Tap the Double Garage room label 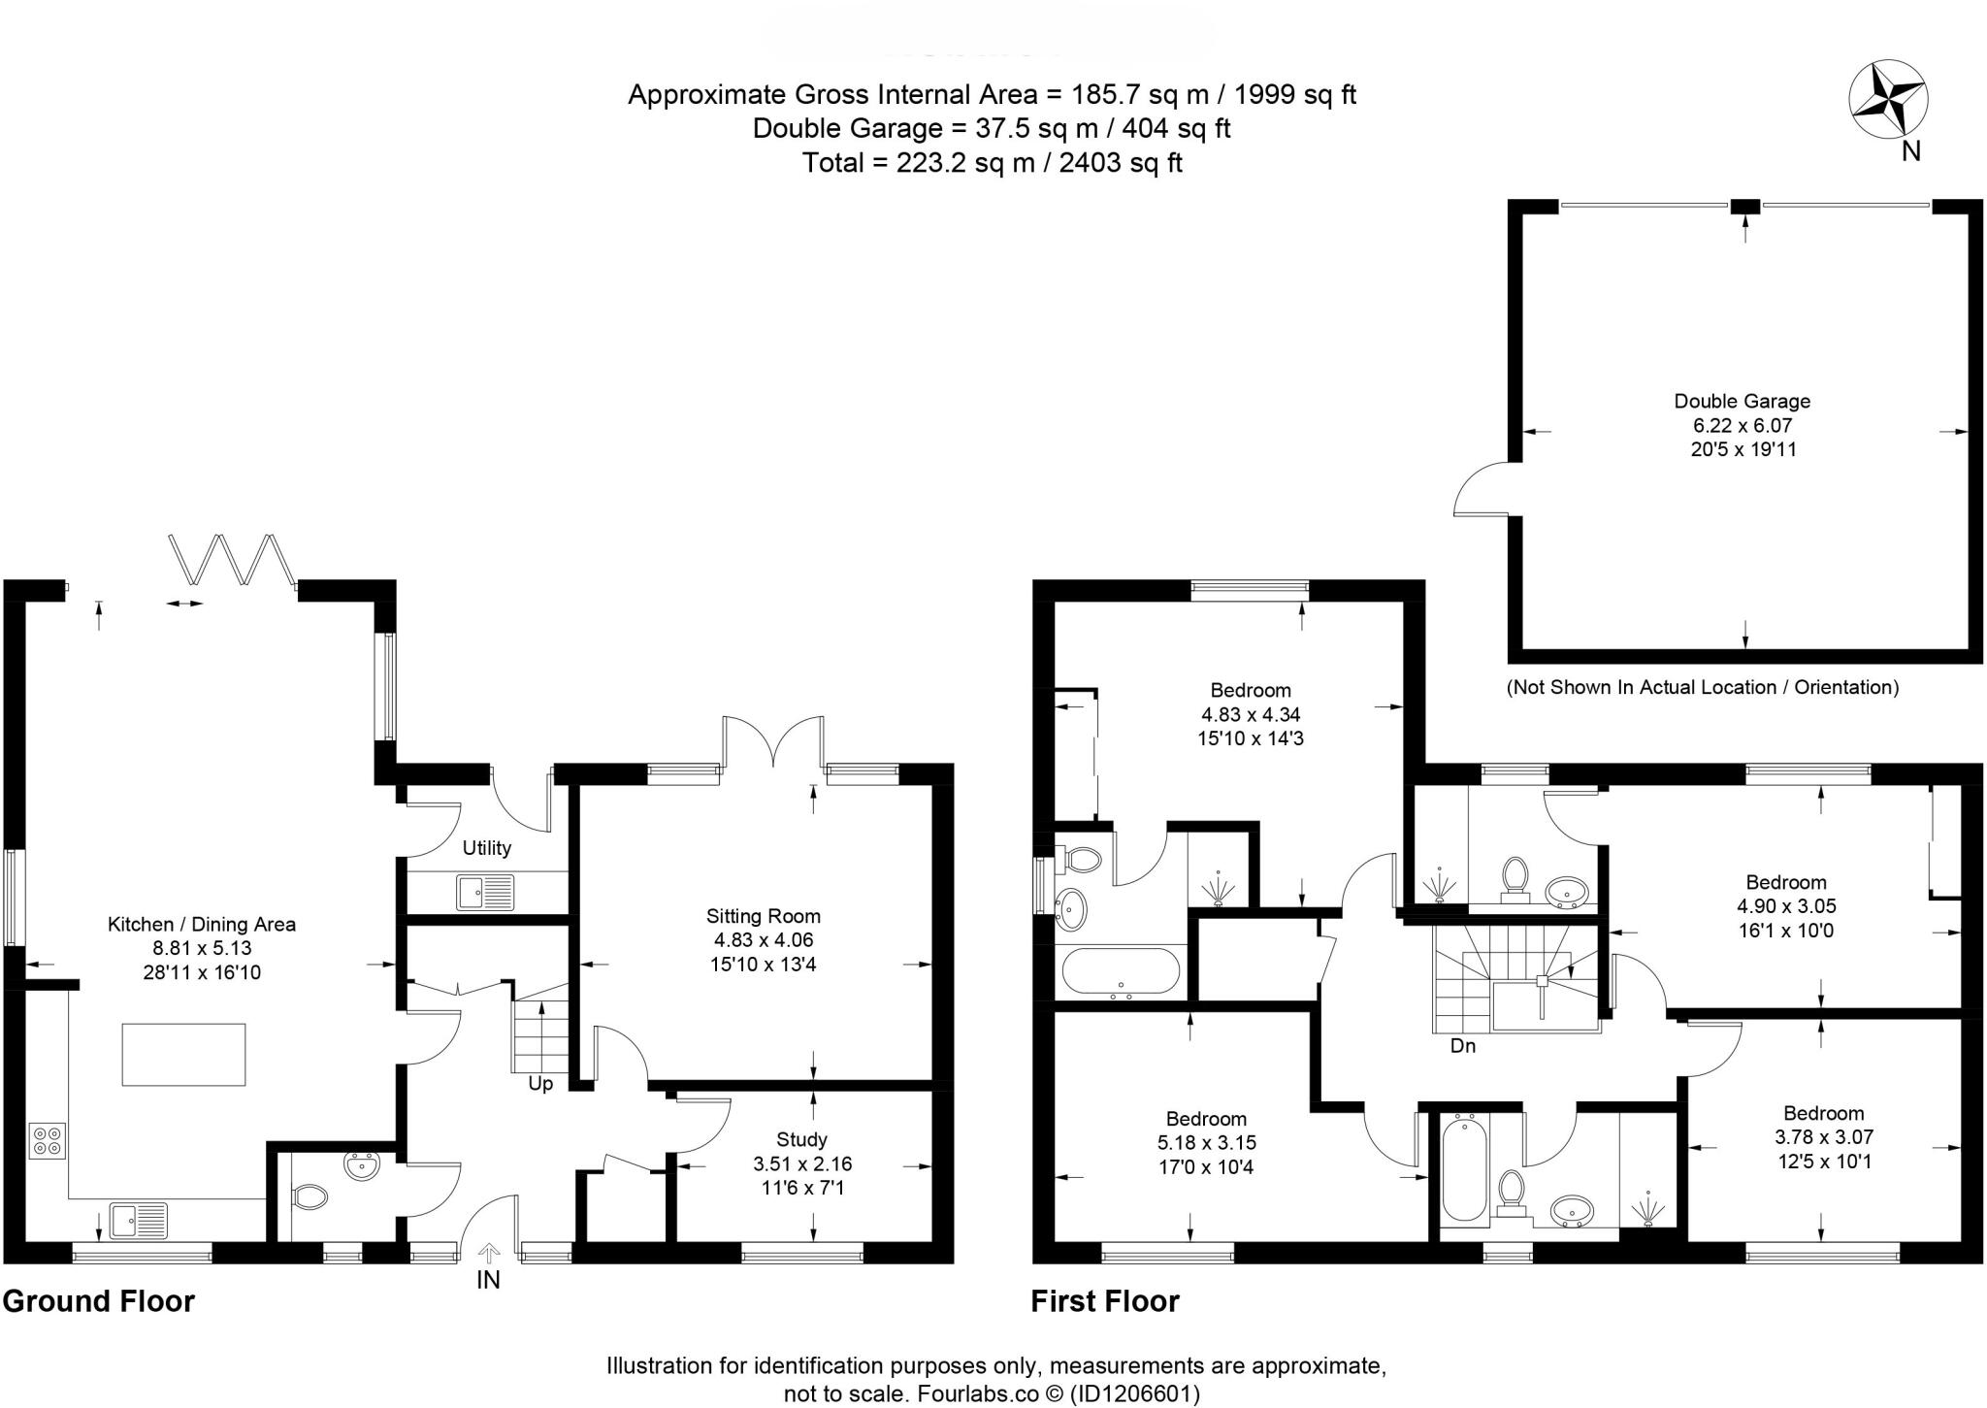tap(1742, 401)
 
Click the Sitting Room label tap(763, 915)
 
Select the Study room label tap(801, 1139)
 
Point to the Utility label tap(486, 847)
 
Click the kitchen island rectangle tap(183, 1054)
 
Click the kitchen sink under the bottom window tap(138, 1220)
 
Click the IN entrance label tap(488, 1280)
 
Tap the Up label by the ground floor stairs tap(540, 1083)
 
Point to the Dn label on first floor tap(1462, 1046)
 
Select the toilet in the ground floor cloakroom tap(309, 1197)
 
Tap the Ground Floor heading tap(98, 1300)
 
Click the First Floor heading tap(1104, 1300)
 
